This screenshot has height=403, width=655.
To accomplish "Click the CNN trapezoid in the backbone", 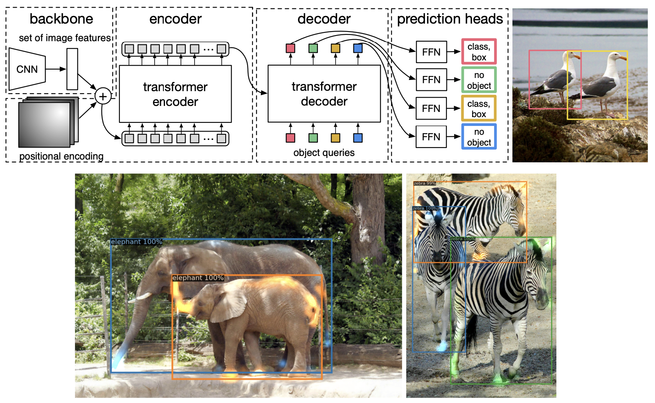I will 27,69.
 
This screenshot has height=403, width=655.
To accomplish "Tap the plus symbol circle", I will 103,96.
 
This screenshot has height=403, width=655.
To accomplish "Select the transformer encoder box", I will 175,94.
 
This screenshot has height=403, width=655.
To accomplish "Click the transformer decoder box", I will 324,94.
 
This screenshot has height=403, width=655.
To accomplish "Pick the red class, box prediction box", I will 479,52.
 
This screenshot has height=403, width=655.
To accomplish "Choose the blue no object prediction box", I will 479,137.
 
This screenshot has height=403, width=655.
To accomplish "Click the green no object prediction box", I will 479,80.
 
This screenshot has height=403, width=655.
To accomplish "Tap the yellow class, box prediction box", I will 479,108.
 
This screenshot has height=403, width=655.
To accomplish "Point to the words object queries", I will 324,153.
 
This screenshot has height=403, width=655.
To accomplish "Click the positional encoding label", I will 61,156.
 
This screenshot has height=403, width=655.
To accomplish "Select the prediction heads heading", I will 450,19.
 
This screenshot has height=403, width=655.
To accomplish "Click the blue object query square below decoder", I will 358,138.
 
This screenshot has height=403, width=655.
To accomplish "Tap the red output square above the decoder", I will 290,48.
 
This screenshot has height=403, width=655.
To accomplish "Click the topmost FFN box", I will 431,52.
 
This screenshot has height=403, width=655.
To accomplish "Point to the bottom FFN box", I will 431,137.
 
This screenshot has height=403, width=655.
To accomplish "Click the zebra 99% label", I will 425,184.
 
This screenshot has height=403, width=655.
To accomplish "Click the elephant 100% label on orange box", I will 198,278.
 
